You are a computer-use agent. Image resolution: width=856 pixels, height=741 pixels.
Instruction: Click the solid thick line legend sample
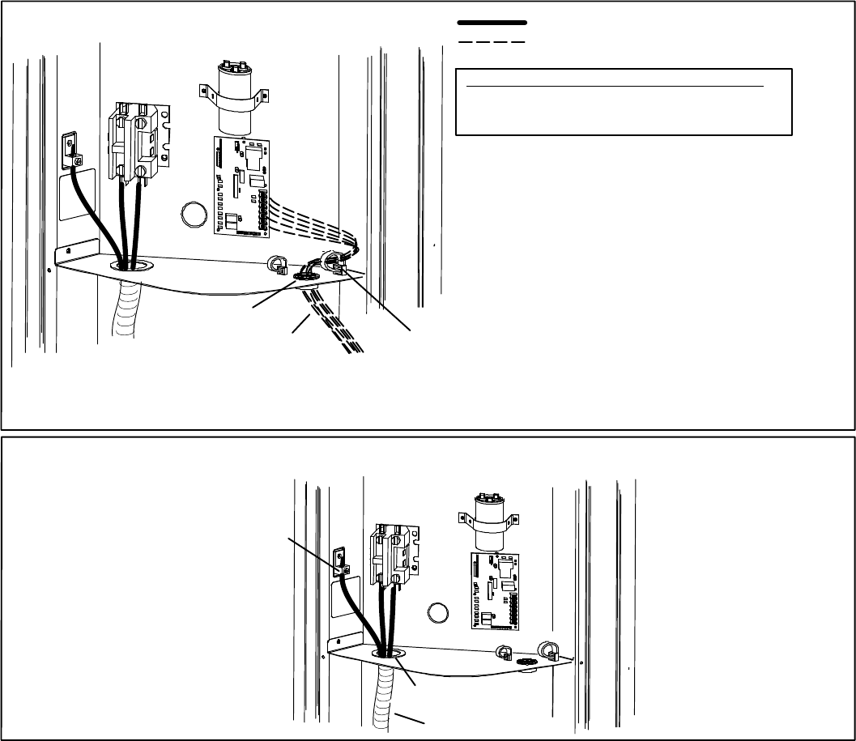click(x=492, y=23)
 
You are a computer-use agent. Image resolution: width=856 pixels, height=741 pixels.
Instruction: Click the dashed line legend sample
click(x=492, y=40)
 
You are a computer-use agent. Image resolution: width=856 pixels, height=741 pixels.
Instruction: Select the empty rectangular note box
click(x=623, y=102)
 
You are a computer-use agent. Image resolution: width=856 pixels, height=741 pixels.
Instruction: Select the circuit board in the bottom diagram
click(x=493, y=590)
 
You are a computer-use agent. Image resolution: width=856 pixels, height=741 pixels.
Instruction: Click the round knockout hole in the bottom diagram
click(x=438, y=612)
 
